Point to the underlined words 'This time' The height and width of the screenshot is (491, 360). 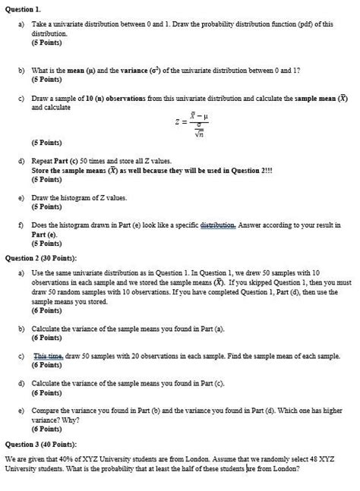pos(47,356)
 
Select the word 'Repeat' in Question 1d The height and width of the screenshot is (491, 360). pos(43,162)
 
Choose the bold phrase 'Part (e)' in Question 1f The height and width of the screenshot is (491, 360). pos(44,234)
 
